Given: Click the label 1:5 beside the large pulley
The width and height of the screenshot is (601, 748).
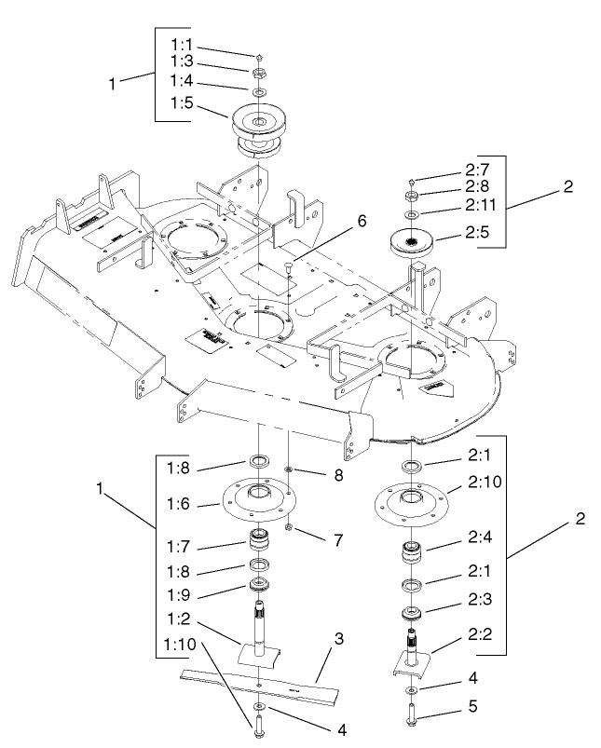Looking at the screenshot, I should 183,104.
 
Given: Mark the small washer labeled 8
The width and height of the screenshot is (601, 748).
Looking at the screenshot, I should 290,470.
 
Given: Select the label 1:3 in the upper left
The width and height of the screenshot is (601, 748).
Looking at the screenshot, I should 183,61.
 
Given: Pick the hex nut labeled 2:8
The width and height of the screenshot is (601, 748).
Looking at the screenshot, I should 410,197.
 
